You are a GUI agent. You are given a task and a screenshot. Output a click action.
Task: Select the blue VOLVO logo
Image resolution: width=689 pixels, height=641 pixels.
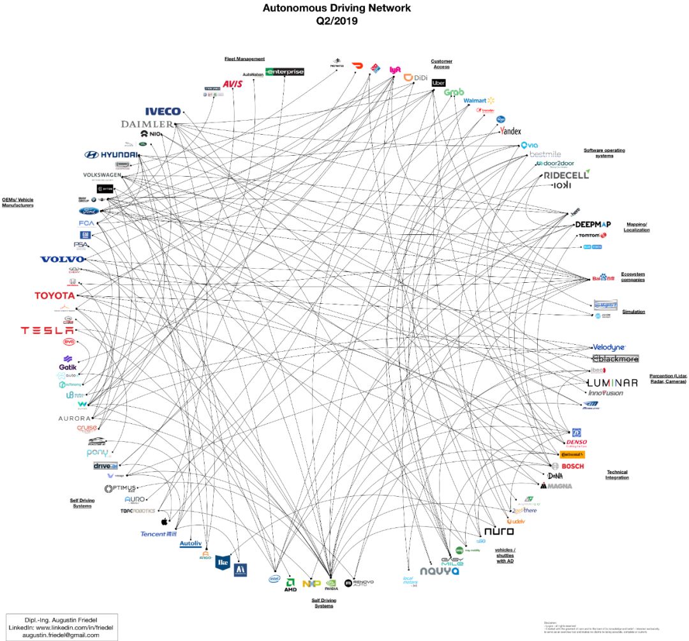[62, 259]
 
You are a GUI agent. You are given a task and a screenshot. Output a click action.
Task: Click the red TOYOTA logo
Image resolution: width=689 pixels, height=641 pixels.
[54, 296]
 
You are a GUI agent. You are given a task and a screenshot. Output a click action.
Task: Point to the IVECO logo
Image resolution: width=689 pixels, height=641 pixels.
[163, 112]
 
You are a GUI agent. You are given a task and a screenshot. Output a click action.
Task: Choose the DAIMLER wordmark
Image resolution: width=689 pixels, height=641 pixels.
[147, 124]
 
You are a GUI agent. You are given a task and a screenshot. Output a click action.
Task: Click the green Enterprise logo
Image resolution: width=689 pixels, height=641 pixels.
[285, 72]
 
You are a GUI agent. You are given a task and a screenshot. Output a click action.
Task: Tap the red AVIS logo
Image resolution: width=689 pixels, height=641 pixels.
[232, 84]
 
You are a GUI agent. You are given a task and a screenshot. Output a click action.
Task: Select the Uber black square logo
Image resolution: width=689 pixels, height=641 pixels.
[438, 83]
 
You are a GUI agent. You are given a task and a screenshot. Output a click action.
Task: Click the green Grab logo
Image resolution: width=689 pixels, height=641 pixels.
[454, 93]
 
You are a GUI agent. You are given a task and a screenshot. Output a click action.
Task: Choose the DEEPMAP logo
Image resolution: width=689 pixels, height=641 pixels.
[593, 225]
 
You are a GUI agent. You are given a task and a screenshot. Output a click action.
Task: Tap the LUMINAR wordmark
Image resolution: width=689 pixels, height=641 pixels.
[612, 382]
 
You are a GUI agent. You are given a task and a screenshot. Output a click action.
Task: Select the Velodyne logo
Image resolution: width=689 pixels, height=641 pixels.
[609, 347]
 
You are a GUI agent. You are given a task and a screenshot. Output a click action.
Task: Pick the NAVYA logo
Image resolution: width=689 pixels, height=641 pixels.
[440, 571]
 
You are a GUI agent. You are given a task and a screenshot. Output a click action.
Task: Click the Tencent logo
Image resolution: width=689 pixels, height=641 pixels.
[158, 534]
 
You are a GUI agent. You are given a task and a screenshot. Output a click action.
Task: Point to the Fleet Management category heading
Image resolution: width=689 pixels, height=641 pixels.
[244, 59]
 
